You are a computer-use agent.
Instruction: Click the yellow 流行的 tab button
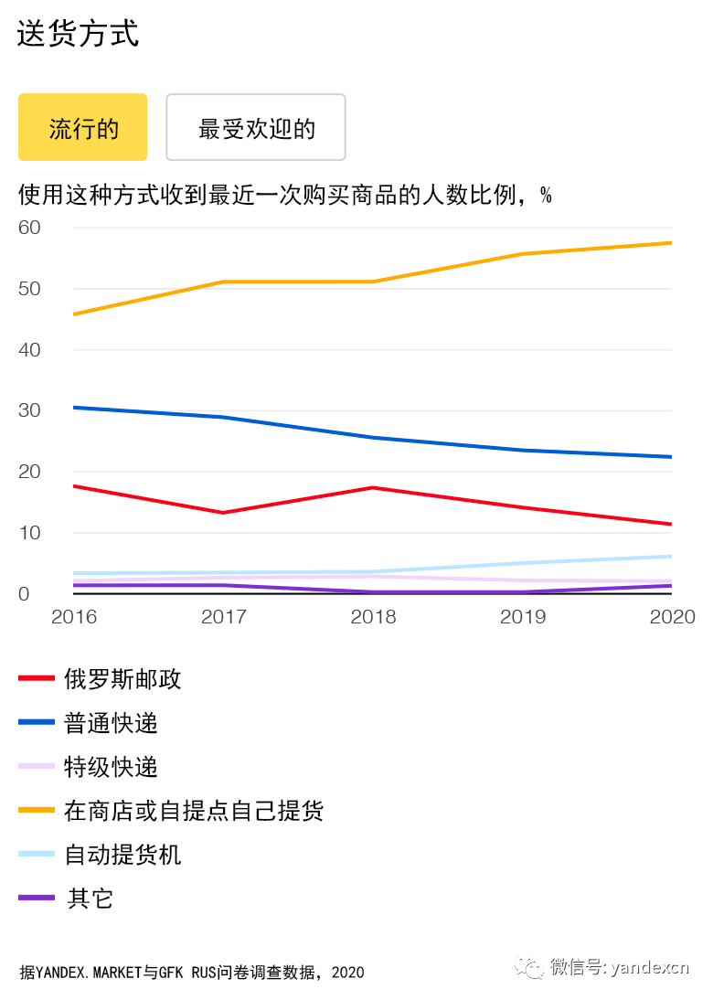[x=82, y=127]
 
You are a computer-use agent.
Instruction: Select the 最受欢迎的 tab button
[x=256, y=127]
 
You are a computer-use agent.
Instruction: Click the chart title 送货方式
[x=78, y=34]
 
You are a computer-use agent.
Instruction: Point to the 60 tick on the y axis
[x=30, y=228]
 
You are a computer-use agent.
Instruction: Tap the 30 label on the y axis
[x=30, y=410]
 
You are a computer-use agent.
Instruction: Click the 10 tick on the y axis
[x=30, y=533]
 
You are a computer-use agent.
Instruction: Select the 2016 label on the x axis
[x=74, y=617]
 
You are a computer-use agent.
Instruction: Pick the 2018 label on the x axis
[x=373, y=617]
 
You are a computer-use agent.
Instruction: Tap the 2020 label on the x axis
[x=672, y=617]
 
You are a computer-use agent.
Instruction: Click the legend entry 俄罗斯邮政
[x=122, y=679]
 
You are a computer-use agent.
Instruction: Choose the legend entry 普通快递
[x=111, y=723]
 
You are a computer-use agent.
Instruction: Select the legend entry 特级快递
[x=111, y=767]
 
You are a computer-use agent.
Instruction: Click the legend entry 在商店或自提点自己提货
[x=194, y=811]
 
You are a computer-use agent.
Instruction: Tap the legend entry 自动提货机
[x=122, y=855]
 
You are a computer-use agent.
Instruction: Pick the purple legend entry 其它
[x=90, y=899]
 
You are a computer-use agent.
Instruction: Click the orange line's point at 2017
[x=224, y=282]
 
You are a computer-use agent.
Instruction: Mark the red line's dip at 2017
[x=224, y=513]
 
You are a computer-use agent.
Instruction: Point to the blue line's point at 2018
[x=373, y=438]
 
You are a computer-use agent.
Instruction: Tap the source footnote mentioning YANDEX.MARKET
[x=192, y=973]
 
